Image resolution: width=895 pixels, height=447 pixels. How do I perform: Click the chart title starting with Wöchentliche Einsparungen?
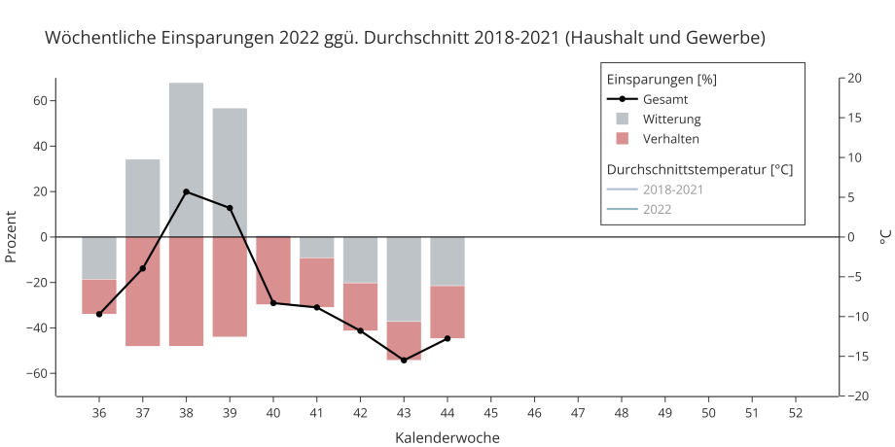[405, 39]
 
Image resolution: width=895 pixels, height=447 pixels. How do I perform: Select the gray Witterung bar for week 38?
[186, 159]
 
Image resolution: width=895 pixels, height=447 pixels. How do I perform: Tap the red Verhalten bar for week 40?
[273, 270]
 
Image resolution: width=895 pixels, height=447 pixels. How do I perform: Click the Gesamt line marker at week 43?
[404, 361]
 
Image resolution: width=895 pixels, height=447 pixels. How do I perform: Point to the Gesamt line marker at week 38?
[186, 191]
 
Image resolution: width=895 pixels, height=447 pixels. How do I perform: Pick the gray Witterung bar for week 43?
[404, 279]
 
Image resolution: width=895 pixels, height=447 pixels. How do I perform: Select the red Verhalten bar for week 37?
[143, 292]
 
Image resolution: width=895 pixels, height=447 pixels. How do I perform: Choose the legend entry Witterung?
[671, 119]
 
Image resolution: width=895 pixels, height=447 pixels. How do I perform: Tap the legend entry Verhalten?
[670, 139]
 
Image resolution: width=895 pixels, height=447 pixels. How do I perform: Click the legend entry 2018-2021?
[672, 189]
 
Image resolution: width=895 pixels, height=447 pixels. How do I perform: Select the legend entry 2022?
[657, 209]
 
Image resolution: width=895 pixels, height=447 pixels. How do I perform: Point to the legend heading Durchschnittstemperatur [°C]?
[699, 169]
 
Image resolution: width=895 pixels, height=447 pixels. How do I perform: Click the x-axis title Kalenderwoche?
[447, 437]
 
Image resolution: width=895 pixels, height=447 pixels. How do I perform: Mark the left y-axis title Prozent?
[12, 236]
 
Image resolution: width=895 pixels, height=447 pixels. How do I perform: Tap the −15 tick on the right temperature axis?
[853, 357]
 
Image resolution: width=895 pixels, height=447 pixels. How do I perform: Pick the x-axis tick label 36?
[99, 413]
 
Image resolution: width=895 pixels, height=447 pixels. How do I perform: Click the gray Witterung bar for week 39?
[230, 172]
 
